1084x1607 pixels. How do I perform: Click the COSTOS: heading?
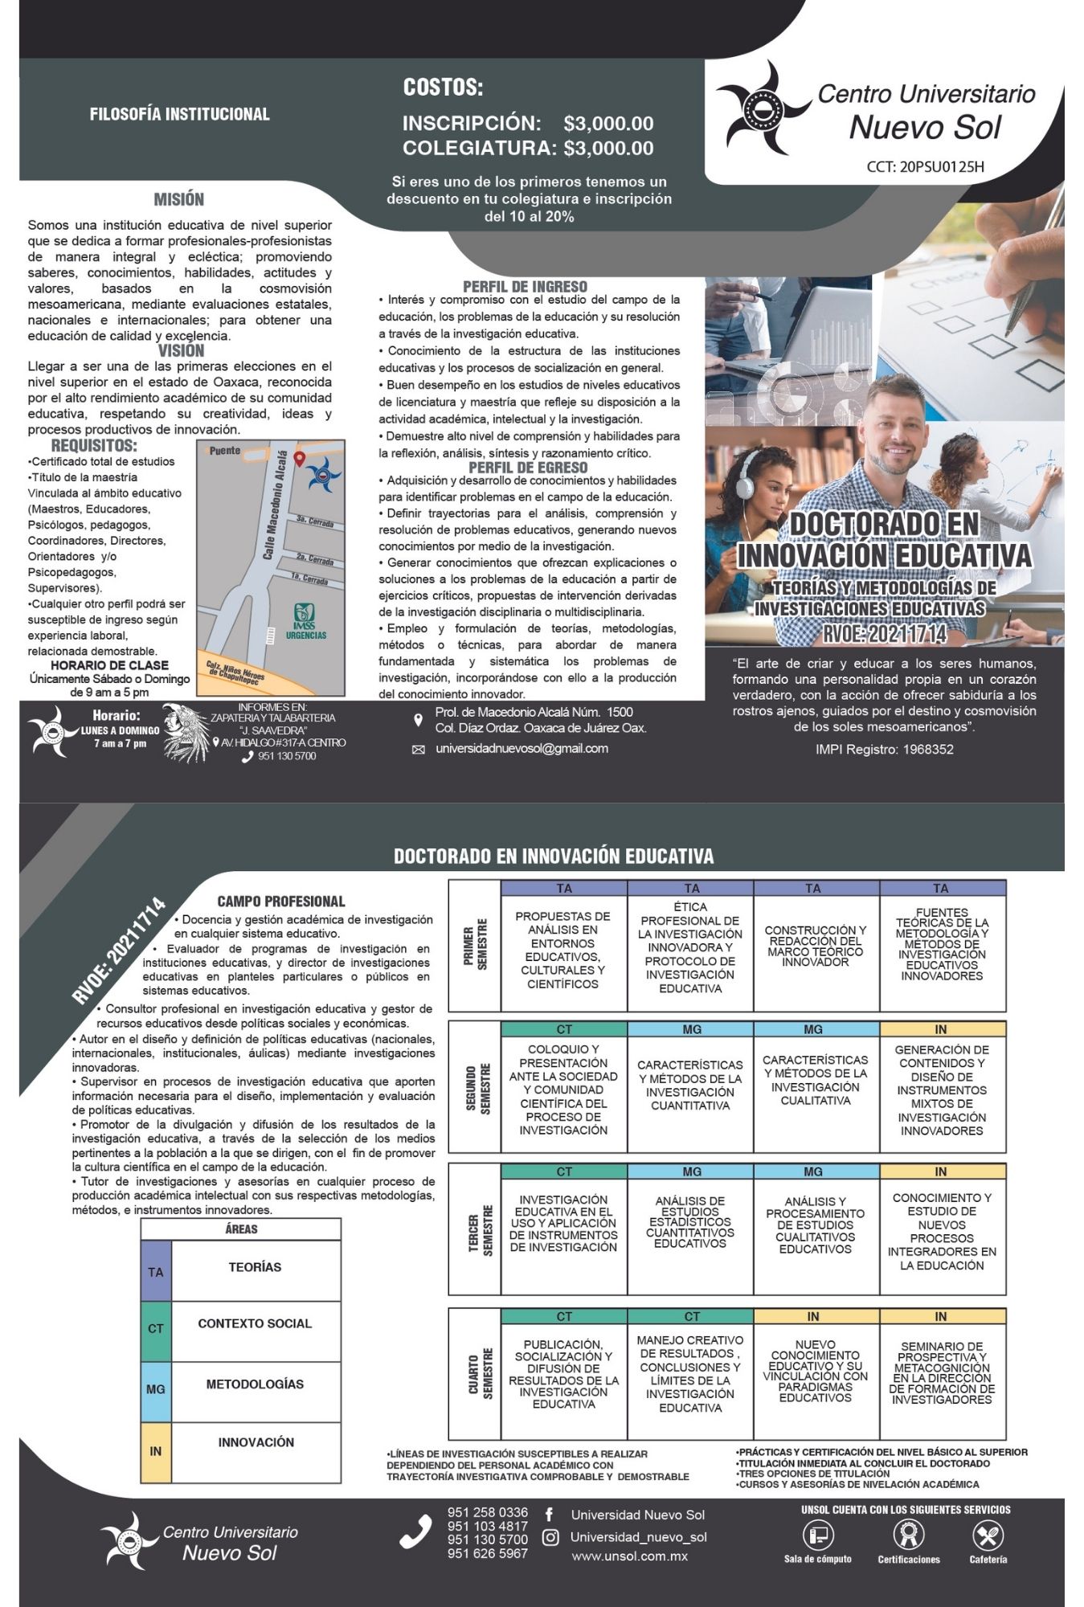click(x=443, y=88)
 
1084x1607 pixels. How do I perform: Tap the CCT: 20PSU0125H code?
click(x=925, y=167)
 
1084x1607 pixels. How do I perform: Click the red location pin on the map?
click(x=300, y=460)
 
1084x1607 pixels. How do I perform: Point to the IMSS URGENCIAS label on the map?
click(x=305, y=622)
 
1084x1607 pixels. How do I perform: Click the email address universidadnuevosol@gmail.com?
click(x=522, y=748)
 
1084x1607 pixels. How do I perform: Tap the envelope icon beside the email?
click(x=418, y=750)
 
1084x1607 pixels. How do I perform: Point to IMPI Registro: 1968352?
click(x=884, y=749)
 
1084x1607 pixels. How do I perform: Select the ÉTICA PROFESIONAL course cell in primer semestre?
click(x=690, y=947)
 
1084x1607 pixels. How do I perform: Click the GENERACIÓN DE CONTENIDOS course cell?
click(x=942, y=1090)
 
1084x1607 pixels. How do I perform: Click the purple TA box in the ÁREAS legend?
click(x=156, y=1272)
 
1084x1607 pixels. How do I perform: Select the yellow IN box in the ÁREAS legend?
click(x=156, y=1451)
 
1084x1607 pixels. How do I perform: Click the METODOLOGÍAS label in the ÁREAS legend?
click(x=255, y=1384)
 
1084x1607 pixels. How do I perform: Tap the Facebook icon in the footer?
click(x=550, y=1515)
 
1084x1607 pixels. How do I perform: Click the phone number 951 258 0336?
click(x=488, y=1513)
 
